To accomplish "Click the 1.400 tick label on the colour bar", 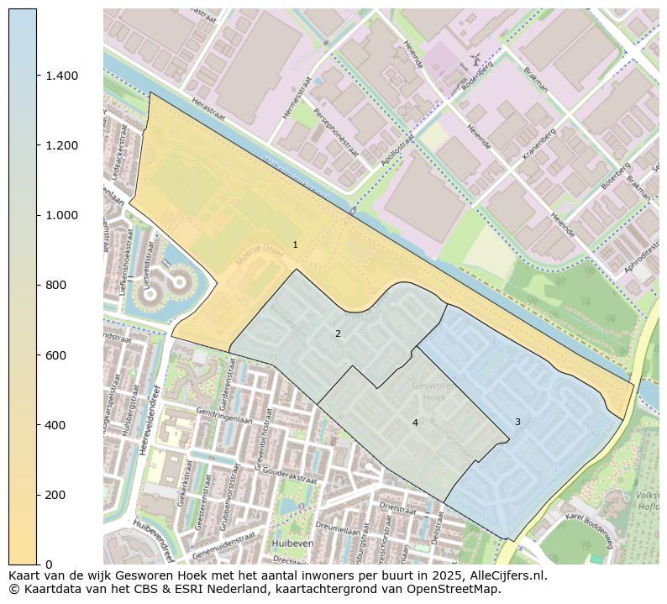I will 61,76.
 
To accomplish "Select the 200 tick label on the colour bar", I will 55,495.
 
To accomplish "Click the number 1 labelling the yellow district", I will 295,244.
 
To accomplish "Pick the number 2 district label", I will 338,334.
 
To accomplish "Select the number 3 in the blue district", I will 517,422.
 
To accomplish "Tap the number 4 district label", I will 415,423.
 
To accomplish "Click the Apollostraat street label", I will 398,150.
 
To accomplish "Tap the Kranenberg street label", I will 540,144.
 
